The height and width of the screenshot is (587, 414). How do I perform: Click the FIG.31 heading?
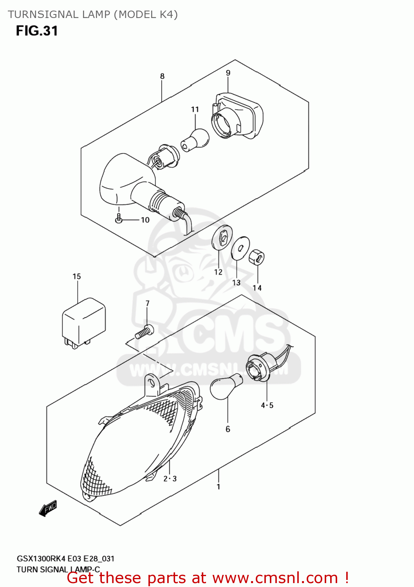[37, 31]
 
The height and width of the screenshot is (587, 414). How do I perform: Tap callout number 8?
[162, 76]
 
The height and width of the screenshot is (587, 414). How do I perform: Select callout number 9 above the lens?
[228, 73]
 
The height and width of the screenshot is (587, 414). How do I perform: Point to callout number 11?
[195, 109]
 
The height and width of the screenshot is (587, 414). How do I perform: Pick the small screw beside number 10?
[119, 218]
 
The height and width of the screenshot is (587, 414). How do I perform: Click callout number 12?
[218, 272]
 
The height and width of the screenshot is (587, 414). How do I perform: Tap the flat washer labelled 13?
[240, 248]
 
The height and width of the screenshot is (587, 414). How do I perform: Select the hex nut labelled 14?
[257, 257]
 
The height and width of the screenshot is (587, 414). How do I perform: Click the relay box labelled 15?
[84, 323]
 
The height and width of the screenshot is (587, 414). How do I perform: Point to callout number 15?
[77, 276]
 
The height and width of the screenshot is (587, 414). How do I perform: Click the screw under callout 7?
[144, 331]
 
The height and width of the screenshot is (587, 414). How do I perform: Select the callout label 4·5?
[267, 405]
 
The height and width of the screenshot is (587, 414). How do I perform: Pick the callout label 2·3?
[170, 479]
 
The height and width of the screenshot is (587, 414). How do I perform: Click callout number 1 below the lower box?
[218, 487]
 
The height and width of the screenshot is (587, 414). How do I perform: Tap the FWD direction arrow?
[48, 508]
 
